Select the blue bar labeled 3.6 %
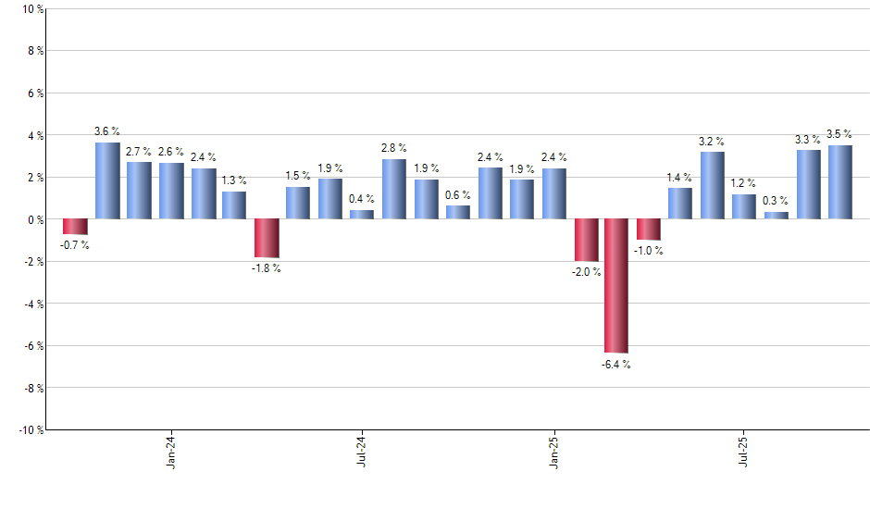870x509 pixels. click(107, 180)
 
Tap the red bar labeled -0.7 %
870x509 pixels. click(75, 227)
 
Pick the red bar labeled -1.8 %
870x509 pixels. click(267, 238)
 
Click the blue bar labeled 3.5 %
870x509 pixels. click(840, 182)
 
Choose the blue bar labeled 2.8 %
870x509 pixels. click(394, 189)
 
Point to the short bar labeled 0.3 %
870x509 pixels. click(777, 216)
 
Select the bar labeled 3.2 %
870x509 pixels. click(713, 185)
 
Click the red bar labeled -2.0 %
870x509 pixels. click(586, 240)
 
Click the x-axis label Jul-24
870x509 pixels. click(363, 451)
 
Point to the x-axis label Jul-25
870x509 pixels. click(745, 451)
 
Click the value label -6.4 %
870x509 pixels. click(616, 364)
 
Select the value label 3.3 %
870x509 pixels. click(808, 140)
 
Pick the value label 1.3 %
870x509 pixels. click(234, 181)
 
